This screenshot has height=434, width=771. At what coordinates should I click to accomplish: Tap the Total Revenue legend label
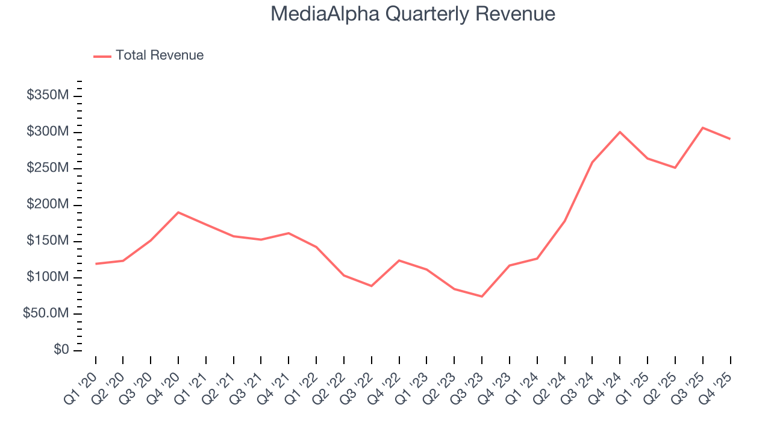tap(160, 55)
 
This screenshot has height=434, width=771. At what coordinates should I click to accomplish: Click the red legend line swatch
tap(102, 56)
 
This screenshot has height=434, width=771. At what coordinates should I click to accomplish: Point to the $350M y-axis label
tap(48, 95)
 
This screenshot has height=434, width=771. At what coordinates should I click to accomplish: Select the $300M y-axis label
tap(48, 132)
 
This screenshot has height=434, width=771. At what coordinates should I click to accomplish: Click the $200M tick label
tap(48, 205)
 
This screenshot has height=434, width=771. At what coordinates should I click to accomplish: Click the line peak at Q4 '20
tap(178, 212)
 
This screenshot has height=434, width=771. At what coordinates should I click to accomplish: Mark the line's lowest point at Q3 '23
tap(482, 297)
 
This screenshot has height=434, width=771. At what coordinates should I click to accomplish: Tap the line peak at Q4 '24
tap(620, 132)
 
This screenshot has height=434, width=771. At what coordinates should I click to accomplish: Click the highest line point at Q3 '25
tap(702, 128)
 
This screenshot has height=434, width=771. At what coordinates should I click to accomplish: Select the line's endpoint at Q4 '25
tap(730, 139)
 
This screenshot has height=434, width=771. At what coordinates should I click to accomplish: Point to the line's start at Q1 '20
tap(96, 264)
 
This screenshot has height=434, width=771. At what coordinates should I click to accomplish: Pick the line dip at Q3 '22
tap(372, 286)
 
